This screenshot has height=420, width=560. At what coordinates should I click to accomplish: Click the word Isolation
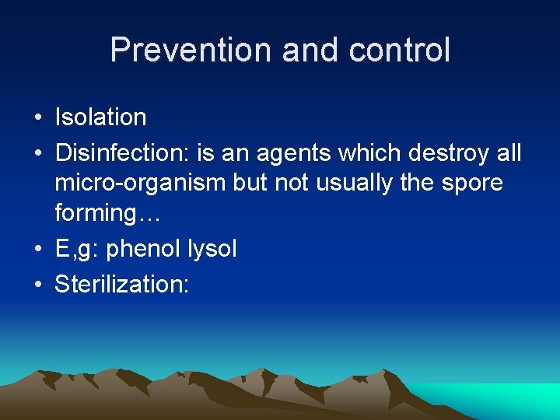point(100,117)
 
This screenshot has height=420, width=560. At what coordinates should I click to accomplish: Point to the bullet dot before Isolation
point(37,118)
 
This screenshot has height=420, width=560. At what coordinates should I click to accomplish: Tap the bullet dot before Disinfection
point(37,154)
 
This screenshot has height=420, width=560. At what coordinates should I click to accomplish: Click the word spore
point(474,184)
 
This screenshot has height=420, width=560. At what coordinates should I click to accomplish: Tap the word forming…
point(107,214)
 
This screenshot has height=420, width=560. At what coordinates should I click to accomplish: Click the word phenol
point(142,249)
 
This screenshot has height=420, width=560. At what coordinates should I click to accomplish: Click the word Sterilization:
point(121,284)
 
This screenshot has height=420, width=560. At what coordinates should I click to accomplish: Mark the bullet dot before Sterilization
point(37,285)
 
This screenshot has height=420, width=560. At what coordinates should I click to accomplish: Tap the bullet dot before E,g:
point(37,250)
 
